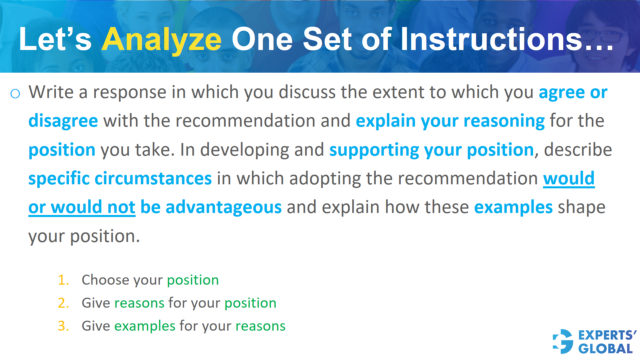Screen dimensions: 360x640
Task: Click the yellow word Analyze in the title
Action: (x=161, y=40)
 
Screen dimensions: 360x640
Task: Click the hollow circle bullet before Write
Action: (x=15, y=94)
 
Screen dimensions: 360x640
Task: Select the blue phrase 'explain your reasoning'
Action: (x=450, y=121)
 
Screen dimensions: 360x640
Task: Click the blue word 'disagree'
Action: (x=63, y=121)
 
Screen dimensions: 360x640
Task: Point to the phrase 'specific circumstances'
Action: (x=120, y=178)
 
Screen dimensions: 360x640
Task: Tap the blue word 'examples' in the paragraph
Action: (x=513, y=207)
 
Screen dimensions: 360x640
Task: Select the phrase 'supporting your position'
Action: (x=432, y=150)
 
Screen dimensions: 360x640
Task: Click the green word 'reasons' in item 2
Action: (x=139, y=303)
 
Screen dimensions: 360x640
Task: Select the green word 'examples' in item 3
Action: (x=145, y=326)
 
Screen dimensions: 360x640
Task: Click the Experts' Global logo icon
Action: (x=563, y=341)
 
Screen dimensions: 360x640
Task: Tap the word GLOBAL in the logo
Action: (x=605, y=349)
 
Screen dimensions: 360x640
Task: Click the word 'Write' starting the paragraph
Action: (x=51, y=92)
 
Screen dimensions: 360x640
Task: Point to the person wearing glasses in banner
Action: (x=600, y=37)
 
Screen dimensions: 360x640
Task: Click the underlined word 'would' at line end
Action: (x=569, y=178)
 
